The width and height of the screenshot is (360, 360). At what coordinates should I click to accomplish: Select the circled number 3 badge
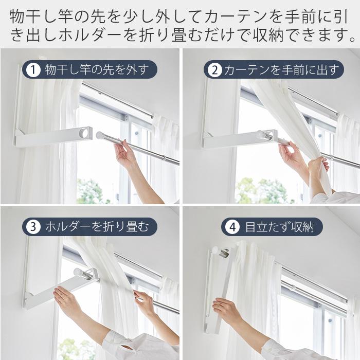point(32,226)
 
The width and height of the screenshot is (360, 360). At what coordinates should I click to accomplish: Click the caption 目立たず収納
point(279,226)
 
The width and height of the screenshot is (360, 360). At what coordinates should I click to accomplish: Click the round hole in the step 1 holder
point(83,133)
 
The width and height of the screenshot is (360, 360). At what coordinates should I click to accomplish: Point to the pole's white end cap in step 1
point(100,136)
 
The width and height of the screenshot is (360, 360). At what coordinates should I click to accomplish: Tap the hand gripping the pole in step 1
point(123,153)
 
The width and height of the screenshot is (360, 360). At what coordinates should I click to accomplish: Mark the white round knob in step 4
point(215,251)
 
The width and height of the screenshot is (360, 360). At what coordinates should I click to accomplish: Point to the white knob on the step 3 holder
point(79,272)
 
